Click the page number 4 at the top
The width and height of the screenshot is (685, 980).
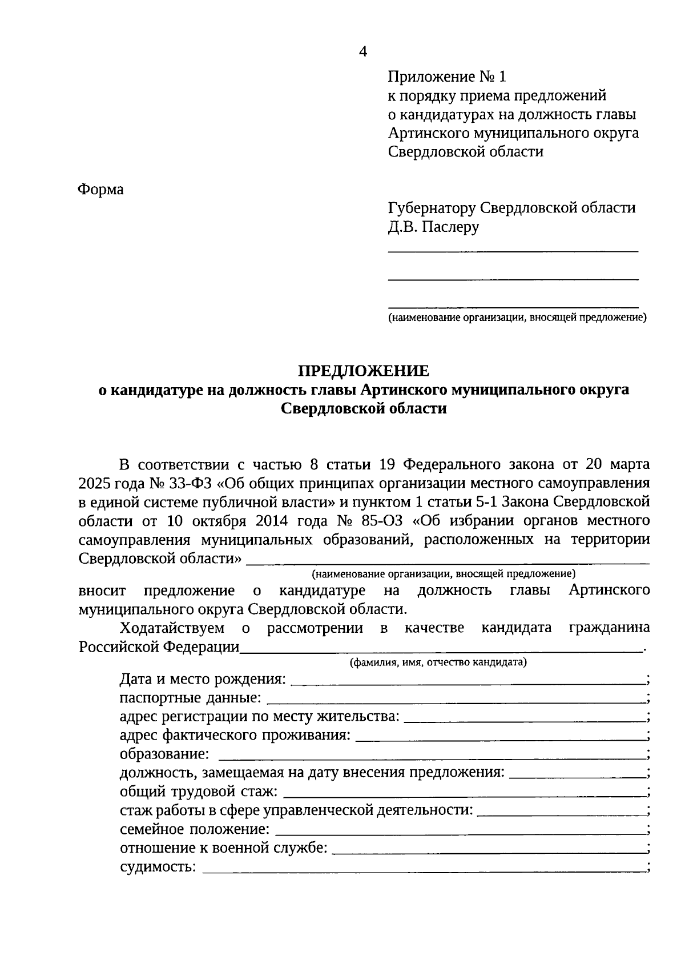click(x=363, y=52)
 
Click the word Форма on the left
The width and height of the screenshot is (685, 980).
click(x=100, y=189)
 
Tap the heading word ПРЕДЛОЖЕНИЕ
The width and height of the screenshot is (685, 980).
click(x=364, y=371)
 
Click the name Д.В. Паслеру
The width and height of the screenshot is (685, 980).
click(x=433, y=227)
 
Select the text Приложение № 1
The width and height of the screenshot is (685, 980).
click(x=447, y=77)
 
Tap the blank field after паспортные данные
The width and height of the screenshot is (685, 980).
click(x=454, y=700)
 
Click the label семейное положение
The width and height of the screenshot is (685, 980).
click(x=195, y=830)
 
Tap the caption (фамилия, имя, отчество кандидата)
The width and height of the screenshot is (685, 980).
click(x=438, y=662)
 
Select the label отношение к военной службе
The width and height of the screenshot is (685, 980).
click(x=224, y=849)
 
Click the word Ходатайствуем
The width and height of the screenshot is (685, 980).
click(x=172, y=628)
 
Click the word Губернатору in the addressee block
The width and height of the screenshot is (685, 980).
click(x=431, y=208)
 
